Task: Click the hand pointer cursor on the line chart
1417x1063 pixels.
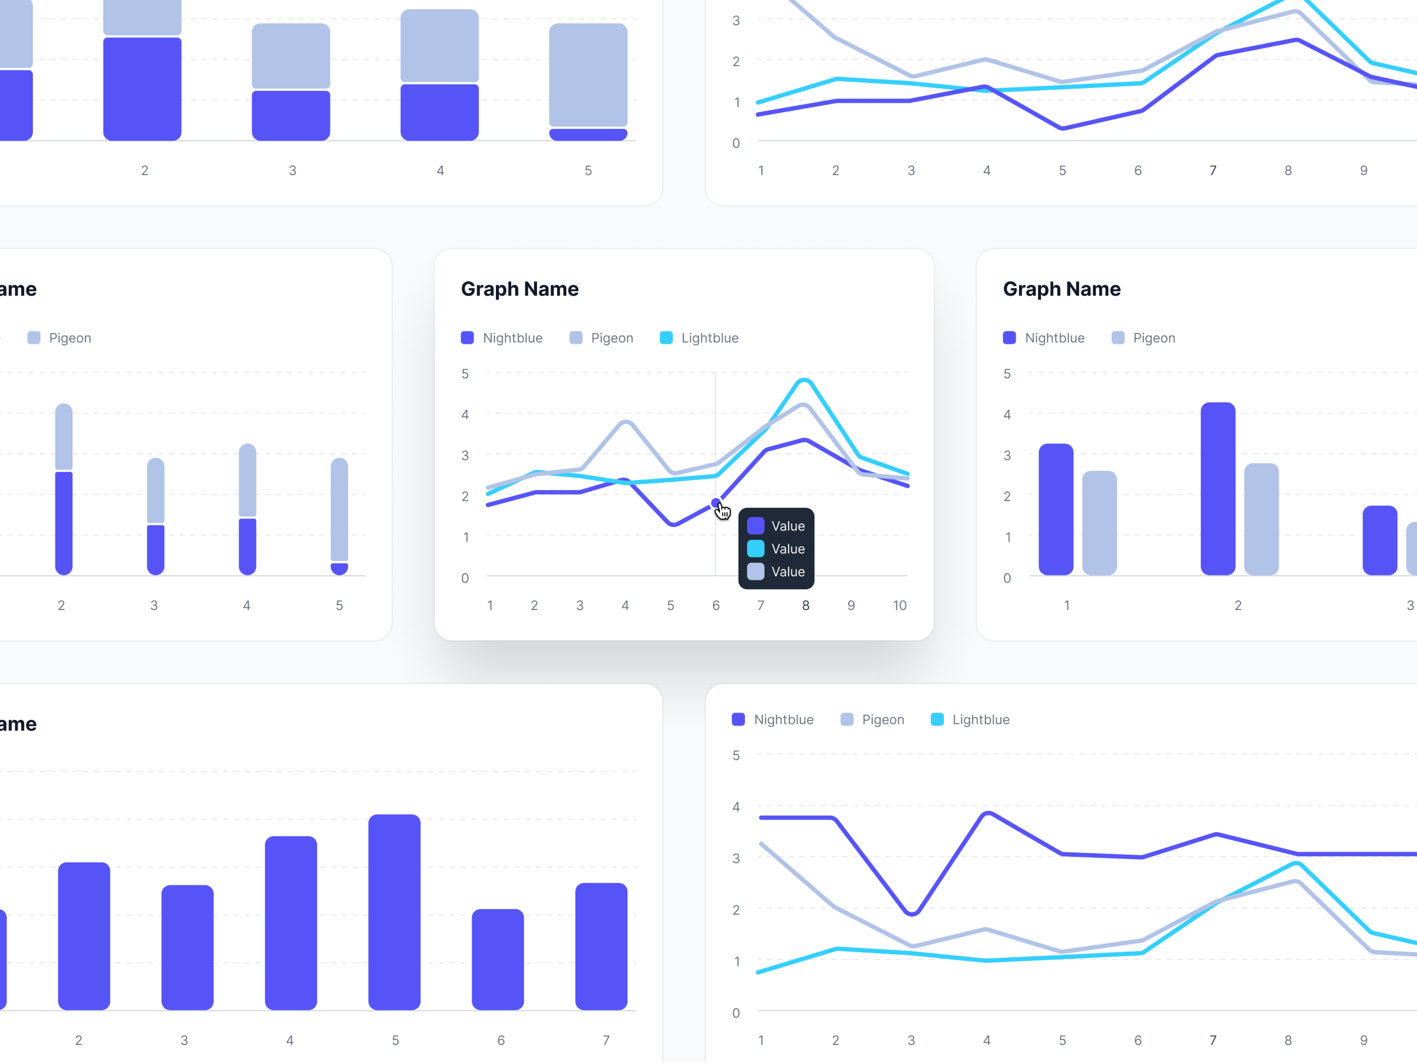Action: pos(723,511)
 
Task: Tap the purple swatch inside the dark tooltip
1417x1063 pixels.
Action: pos(756,526)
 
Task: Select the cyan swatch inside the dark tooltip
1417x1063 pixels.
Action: pos(756,549)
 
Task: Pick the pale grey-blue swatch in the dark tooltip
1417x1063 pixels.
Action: pos(756,571)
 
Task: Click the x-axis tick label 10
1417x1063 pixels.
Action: pos(899,605)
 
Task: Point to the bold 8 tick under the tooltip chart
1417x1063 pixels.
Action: pos(805,605)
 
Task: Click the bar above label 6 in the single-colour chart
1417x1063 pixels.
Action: pos(498,959)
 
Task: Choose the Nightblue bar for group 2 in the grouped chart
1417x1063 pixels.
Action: pos(1218,488)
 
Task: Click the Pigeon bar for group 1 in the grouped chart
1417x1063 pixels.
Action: pos(1099,523)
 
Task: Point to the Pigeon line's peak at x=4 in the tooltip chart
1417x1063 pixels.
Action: pos(626,422)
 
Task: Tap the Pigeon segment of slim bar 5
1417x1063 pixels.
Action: pos(340,509)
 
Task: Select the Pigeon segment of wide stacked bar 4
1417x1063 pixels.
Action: pos(439,46)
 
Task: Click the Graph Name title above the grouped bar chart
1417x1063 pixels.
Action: pos(1061,289)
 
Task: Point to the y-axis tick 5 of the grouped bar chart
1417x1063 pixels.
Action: pos(1007,374)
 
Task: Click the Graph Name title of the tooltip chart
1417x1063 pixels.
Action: pos(520,289)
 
